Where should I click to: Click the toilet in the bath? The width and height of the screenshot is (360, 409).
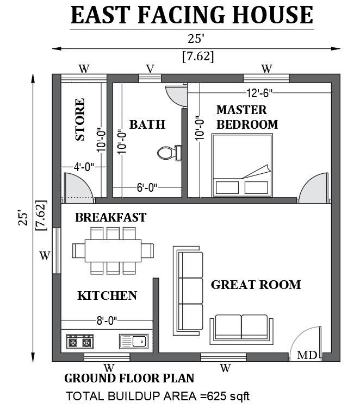coord(169,153)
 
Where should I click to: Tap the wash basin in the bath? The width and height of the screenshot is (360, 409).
coord(177,96)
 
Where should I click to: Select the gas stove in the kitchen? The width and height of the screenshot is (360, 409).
coord(79,342)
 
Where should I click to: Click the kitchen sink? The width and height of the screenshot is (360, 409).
coord(134,342)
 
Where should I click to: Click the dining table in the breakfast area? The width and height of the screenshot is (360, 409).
coord(113,251)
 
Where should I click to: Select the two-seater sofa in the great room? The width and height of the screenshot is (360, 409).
coord(241,329)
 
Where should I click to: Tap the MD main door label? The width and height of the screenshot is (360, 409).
coord(307,355)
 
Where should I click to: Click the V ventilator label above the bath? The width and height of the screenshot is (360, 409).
coord(150,69)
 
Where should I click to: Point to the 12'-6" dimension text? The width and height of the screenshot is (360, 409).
coord(259,92)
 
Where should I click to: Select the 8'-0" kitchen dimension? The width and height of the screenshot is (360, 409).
coord(107,320)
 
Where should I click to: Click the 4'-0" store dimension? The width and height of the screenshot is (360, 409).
coord(84,167)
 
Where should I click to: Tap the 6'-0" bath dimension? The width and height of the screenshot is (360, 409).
coord(147,187)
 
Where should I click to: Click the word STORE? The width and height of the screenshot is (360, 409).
coord(80,119)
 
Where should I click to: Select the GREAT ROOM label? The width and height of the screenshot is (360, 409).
coord(256,285)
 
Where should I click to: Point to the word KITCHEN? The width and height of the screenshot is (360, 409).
coord(107,295)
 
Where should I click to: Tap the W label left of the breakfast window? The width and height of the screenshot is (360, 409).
coord(45,255)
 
